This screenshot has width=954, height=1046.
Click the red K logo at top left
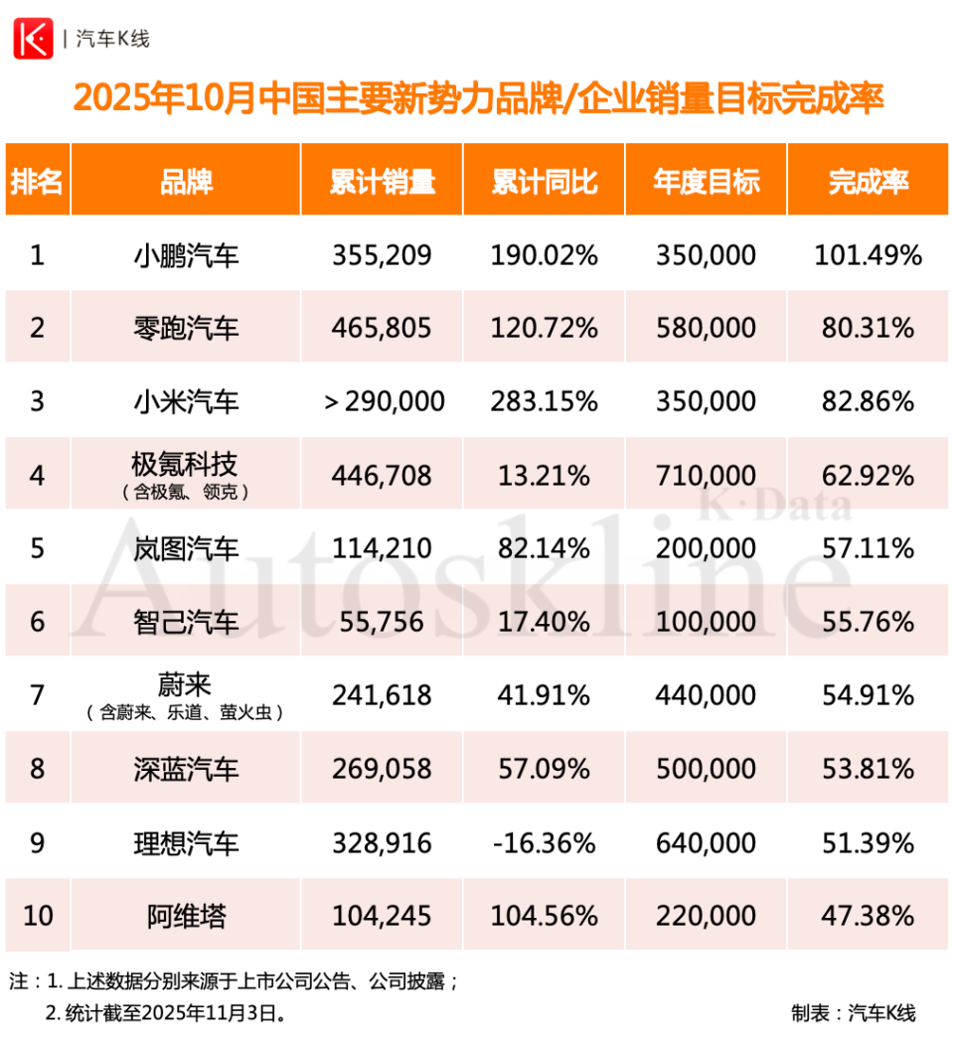[32, 39]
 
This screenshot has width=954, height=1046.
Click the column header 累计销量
[382, 181]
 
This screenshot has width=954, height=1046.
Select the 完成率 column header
[868, 181]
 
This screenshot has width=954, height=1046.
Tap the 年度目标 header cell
[706, 181]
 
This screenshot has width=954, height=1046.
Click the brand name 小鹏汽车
[186, 255]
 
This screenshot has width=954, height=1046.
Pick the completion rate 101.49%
[868, 255]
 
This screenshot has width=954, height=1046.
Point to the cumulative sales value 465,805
[382, 328]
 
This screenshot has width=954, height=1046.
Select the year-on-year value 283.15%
[544, 401]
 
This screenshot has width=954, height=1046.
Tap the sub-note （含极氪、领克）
[186, 492]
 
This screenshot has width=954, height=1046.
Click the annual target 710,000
[706, 475]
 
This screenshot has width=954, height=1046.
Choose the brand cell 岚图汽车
[186, 548]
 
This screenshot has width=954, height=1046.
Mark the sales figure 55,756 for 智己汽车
[382, 622]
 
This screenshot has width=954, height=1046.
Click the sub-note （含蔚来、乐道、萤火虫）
[186, 712]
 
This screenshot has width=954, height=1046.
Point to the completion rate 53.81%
[868, 768]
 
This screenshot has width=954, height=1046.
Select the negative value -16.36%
[544, 842]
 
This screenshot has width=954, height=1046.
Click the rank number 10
[37, 915]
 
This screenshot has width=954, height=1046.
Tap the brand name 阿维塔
[186, 915]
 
